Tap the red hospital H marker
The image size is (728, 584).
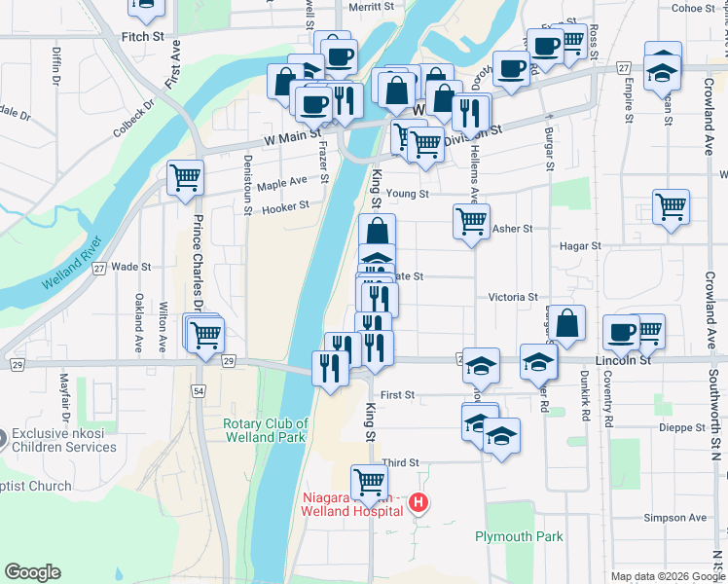coord(419,502)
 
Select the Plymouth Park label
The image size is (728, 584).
coord(519,536)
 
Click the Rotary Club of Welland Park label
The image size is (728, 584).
coord(266,430)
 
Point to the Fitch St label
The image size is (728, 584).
coord(142,36)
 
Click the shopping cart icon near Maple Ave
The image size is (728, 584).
coord(185,178)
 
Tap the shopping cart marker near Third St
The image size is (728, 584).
coord(369,481)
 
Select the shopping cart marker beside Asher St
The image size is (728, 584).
coord(471,221)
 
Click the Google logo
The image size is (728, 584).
coord(32,571)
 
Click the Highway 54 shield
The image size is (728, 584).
coord(199,390)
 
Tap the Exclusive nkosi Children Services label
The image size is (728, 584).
coord(63,441)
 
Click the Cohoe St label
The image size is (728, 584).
coord(694,8)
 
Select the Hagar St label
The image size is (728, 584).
coord(581,246)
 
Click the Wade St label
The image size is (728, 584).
coord(131,266)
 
